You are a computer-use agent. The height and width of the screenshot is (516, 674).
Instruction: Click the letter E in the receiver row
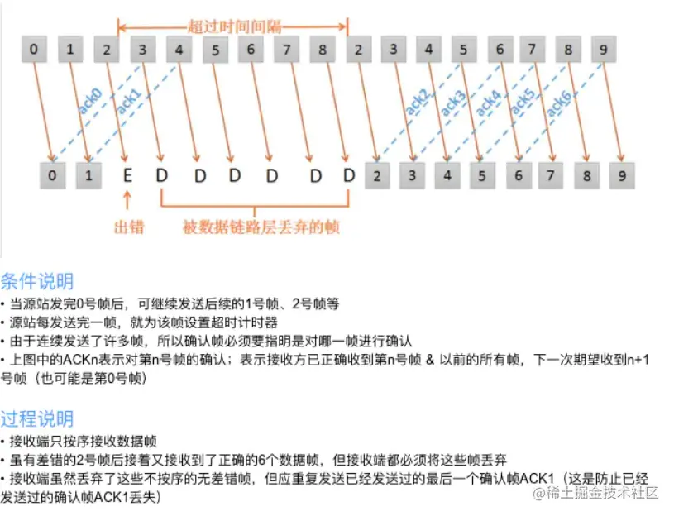[127, 175]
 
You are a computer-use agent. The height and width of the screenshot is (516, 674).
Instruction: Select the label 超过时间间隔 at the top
[233, 26]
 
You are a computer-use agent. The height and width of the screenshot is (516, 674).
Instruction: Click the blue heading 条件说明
[37, 280]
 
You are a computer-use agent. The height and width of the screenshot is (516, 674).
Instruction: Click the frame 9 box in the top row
[604, 49]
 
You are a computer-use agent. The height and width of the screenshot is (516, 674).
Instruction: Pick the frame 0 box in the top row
[33, 49]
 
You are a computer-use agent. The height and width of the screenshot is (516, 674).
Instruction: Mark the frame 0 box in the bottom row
[51, 175]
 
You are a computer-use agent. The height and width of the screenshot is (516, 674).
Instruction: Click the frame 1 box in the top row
[69, 49]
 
